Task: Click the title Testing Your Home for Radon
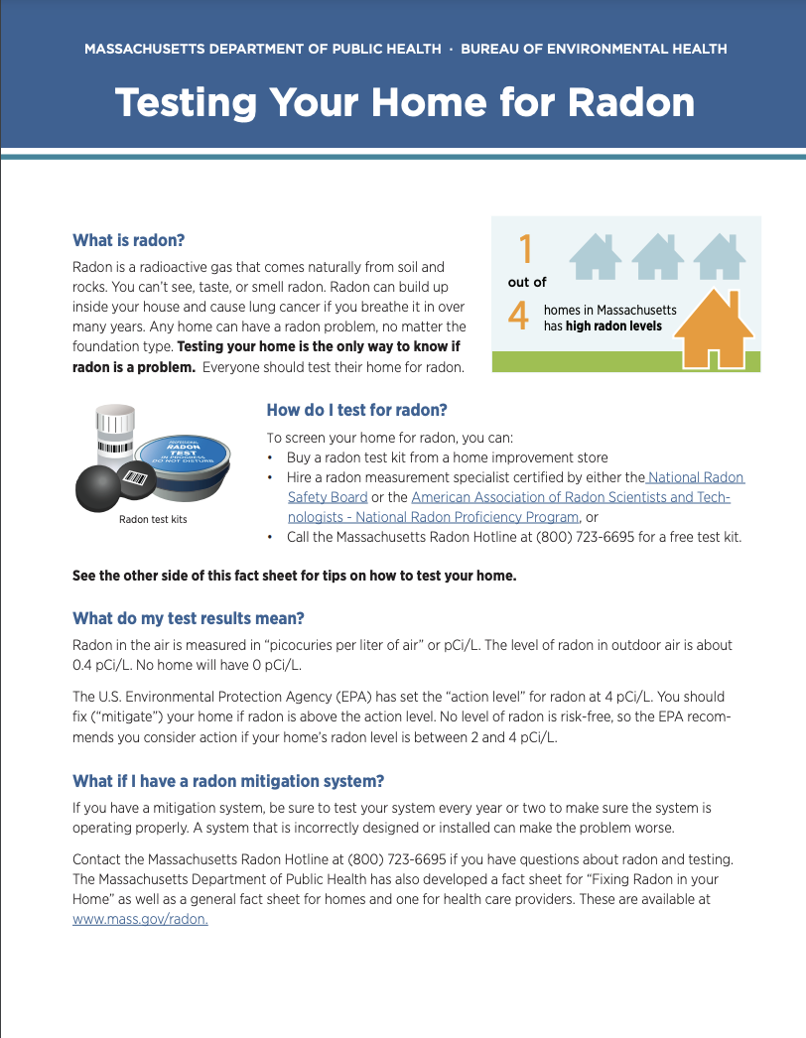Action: tap(404, 102)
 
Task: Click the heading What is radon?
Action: tap(129, 240)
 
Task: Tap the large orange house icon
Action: tap(713, 328)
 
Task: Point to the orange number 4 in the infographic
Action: tap(518, 316)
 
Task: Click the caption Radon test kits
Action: tap(153, 519)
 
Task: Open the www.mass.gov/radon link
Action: tap(140, 919)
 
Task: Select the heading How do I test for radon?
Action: tap(356, 410)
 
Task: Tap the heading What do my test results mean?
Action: tap(189, 618)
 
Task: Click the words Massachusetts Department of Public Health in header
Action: tap(263, 49)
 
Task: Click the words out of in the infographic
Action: tap(527, 283)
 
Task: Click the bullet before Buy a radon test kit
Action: tap(271, 457)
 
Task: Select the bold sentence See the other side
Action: tap(295, 576)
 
